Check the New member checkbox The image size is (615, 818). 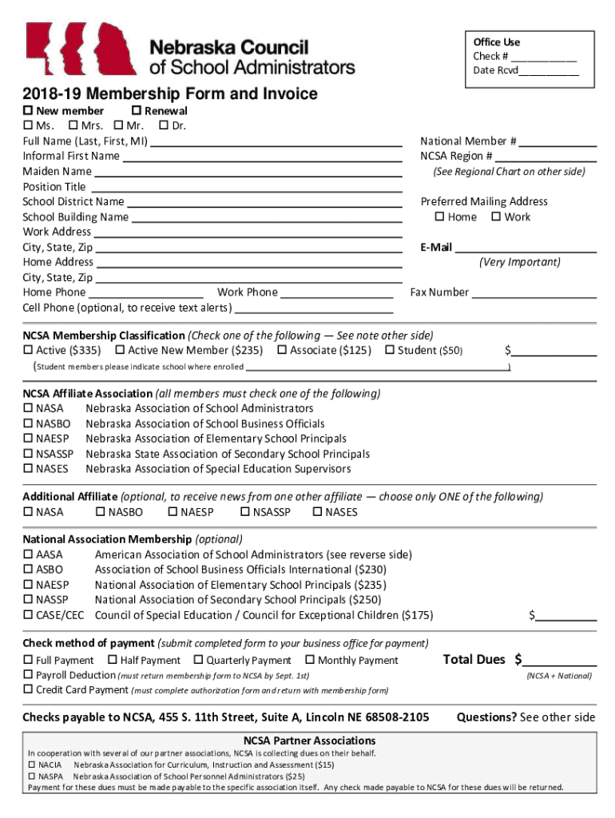[28, 111]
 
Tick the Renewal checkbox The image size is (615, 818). [136, 111]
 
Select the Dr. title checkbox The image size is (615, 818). [164, 126]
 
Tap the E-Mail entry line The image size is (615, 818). [526, 248]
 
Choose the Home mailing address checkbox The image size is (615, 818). [438, 217]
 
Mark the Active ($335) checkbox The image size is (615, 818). [28, 351]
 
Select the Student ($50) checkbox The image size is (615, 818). [390, 351]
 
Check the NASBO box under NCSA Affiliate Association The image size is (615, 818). [28, 424]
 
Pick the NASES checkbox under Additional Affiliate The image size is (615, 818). [317, 512]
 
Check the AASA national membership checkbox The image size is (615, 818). [28, 554]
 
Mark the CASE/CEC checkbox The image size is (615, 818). [28, 615]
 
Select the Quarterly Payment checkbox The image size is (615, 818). [198, 661]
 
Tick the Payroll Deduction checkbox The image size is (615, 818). [28, 675]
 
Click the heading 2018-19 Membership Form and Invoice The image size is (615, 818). [169, 94]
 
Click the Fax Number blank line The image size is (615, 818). [534, 293]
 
